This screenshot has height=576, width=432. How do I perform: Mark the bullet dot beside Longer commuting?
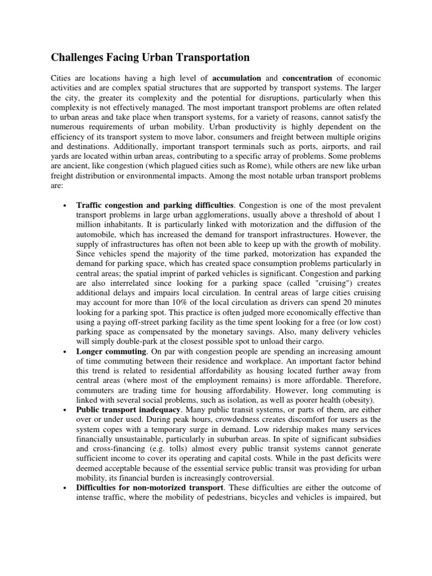[66, 350]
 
